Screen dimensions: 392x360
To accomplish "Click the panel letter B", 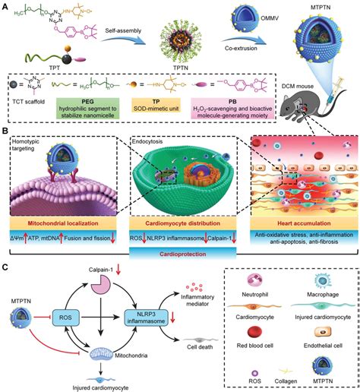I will [x=6, y=131].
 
